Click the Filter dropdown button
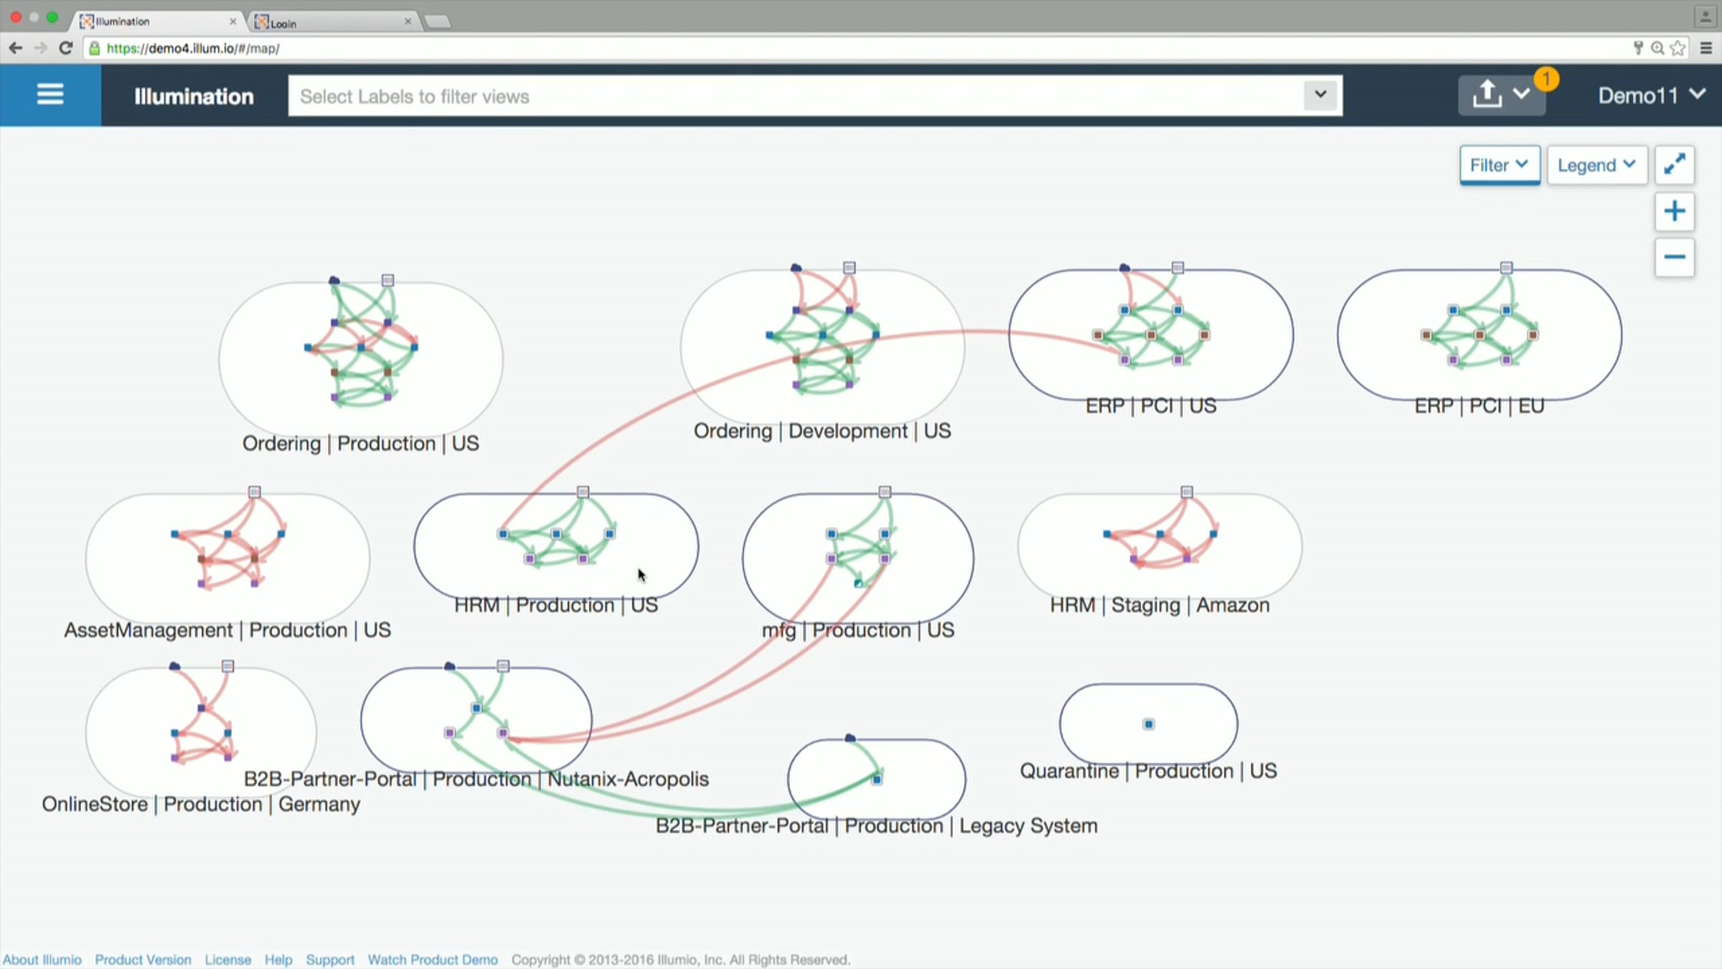click(x=1500, y=165)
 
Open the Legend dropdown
click(x=1596, y=165)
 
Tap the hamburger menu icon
click(x=50, y=95)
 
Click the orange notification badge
click(x=1547, y=78)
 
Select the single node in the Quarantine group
click(x=1149, y=724)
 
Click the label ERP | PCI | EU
click(x=1479, y=406)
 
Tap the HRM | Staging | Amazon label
click(x=1159, y=605)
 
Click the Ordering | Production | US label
click(x=361, y=444)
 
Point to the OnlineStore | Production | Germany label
click(x=201, y=804)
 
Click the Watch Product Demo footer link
click(x=433, y=960)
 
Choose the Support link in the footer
click(x=330, y=960)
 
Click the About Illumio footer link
click(x=42, y=960)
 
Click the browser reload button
click(x=66, y=48)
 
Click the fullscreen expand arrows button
click(x=1675, y=165)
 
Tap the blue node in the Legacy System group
click(x=877, y=780)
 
